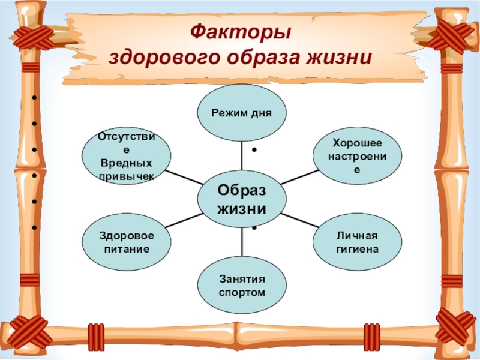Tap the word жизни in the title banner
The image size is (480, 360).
pos(339,57)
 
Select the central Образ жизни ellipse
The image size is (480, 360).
pos(242,199)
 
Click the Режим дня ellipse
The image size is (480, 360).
pos(242,113)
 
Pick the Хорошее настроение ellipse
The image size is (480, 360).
pos(357,156)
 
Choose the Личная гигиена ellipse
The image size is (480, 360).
pos(357,242)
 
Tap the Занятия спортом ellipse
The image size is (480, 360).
pos(242,286)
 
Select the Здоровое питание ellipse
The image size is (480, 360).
pos(127,242)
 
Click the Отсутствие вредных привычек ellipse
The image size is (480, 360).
pos(127,156)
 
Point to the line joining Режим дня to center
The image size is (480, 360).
pos(242,156)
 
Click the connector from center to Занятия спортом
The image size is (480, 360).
pos(242,242)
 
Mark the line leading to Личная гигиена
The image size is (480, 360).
pos(300,220)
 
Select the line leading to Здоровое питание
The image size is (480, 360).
pos(184,220)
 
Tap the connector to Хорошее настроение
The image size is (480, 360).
pos(299,177)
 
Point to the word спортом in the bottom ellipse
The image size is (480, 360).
pos(242,293)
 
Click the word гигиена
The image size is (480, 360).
pos(357,249)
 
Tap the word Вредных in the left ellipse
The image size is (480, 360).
pos(126,163)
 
